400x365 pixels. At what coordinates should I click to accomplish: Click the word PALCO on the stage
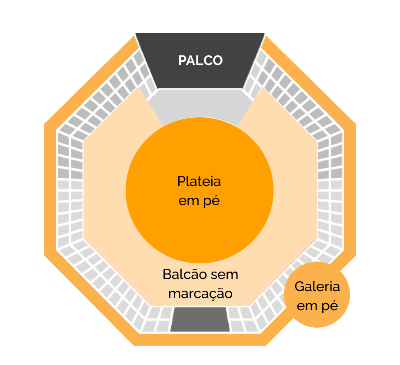200,60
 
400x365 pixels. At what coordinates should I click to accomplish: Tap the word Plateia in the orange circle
199,181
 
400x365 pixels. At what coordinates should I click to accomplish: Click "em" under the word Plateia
187,202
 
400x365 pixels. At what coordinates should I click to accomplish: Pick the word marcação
200,294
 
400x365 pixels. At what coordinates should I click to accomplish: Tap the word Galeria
317,287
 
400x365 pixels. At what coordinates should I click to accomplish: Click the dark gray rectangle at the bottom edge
200,320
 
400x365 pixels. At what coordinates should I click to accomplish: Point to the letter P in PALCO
183,60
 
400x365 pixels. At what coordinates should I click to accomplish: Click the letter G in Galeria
300,287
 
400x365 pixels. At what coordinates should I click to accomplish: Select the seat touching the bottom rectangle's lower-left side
163,326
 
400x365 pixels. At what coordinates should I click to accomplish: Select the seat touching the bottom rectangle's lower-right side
237,326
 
